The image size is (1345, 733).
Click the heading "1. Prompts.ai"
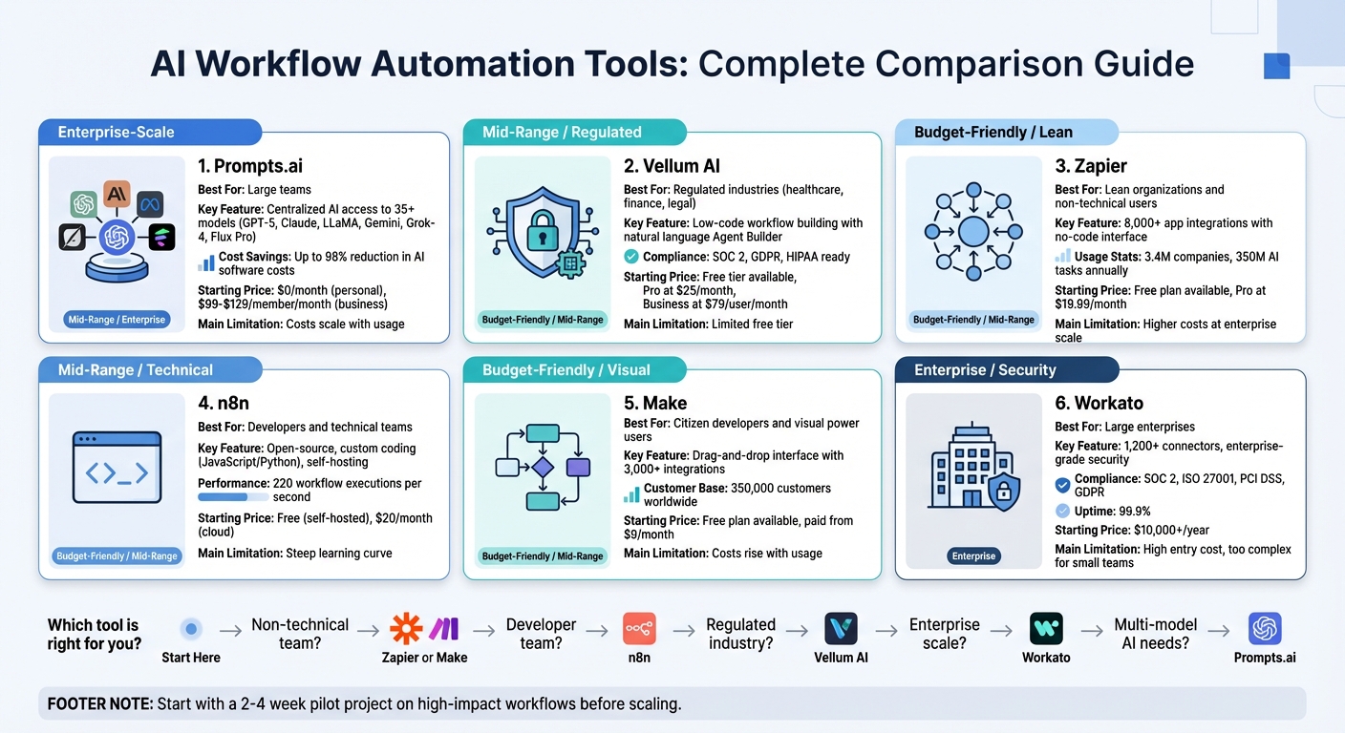coord(250,166)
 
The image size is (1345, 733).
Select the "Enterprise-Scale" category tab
coord(117,132)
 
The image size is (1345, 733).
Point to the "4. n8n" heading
coord(224,404)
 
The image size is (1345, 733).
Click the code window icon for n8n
coord(117,467)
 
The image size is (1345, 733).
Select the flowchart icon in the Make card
coord(543,467)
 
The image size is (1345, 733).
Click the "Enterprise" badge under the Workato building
coord(973,555)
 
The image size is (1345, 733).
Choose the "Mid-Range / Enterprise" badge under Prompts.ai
coord(117,320)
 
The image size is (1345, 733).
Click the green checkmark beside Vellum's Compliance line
coord(631,256)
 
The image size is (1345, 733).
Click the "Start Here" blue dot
coord(191,629)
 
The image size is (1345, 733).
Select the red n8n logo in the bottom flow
coord(639,629)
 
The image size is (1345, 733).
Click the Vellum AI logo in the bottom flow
coord(841,629)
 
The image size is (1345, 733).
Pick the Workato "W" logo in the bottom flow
coord(1046,629)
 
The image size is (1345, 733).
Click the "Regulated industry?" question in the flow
coord(741,634)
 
